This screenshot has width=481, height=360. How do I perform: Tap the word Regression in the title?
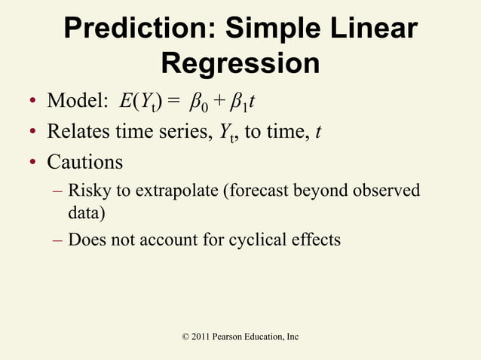[x=240, y=64]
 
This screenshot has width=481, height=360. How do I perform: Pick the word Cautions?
[x=84, y=162]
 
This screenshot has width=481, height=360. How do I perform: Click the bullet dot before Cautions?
[x=34, y=163]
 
